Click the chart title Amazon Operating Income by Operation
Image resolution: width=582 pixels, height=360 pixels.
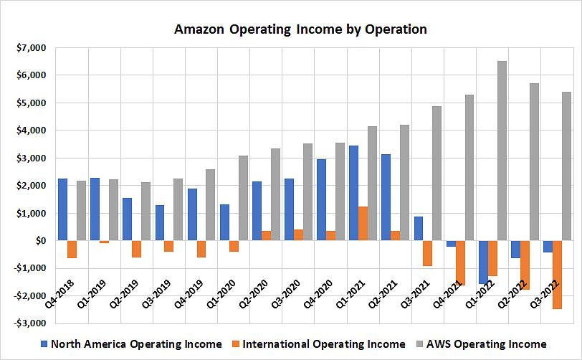click(301, 29)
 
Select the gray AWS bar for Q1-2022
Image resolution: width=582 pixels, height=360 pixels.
click(502, 151)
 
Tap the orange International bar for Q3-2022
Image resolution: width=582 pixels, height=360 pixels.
click(557, 275)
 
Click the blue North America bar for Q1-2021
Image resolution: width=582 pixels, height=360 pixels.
click(354, 193)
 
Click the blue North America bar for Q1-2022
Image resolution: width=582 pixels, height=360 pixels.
click(484, 262)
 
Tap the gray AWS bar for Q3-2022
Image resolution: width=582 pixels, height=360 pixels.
click(566, 166)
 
